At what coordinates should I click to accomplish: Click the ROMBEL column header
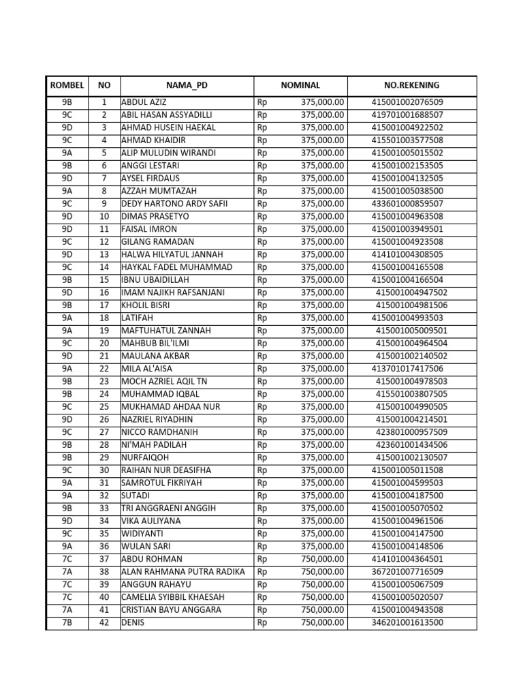(67, 85)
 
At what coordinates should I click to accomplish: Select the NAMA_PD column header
(187, 85)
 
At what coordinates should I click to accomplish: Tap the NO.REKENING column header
(412, 85)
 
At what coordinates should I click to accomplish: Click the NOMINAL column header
(300, 85)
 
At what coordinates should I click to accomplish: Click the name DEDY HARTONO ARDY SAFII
(174, 204)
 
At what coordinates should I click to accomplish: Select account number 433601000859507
(407, 204)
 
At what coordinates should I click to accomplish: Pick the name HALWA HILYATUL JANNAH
(172, 254)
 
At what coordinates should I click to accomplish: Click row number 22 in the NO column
(104, 369)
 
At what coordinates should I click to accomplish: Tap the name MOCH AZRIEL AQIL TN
(168, 381)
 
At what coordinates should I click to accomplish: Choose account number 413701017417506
(407, 369)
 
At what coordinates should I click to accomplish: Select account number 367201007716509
(407, 571)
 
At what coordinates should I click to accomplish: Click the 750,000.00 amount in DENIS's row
(322, 622)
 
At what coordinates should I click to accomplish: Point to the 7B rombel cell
(67, 622)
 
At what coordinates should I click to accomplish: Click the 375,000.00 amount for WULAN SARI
(322, 546)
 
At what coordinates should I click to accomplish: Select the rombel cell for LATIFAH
(67, 318)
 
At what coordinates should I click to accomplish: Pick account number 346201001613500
(407, 622)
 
